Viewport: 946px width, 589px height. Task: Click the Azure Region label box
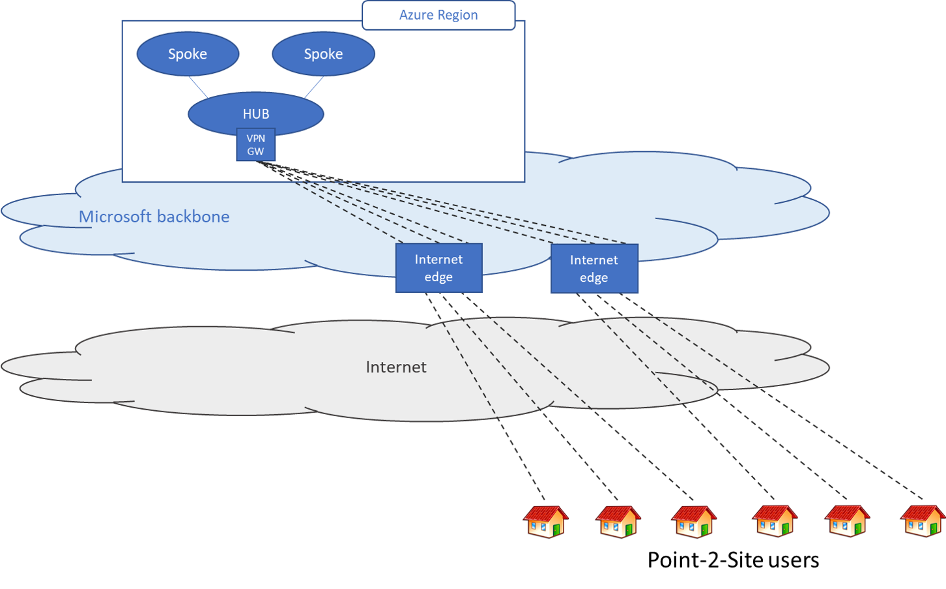tap(438, 15)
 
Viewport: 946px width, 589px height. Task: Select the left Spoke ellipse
tap(188, 54)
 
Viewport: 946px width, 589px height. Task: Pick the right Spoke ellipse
tap(323, 54)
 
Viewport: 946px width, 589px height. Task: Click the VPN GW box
tap(255, 145)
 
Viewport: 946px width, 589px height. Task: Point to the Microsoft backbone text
tap(154, 217)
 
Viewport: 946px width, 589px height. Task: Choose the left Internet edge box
tap(438, 268)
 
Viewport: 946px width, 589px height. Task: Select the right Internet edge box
tap(594, 269)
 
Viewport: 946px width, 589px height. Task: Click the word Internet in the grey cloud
tap(396, 367)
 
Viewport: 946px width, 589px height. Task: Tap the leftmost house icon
tap(546, 521)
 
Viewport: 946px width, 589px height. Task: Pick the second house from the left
tap(618, 521)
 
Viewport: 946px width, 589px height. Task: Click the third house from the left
tap(694, 521)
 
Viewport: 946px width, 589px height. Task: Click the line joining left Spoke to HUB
tap(198, 87)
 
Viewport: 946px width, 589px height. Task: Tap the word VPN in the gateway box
tap(255, 138)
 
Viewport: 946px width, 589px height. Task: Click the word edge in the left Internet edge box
tap(438, 277)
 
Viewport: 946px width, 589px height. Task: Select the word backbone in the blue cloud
tap(192, 217)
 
